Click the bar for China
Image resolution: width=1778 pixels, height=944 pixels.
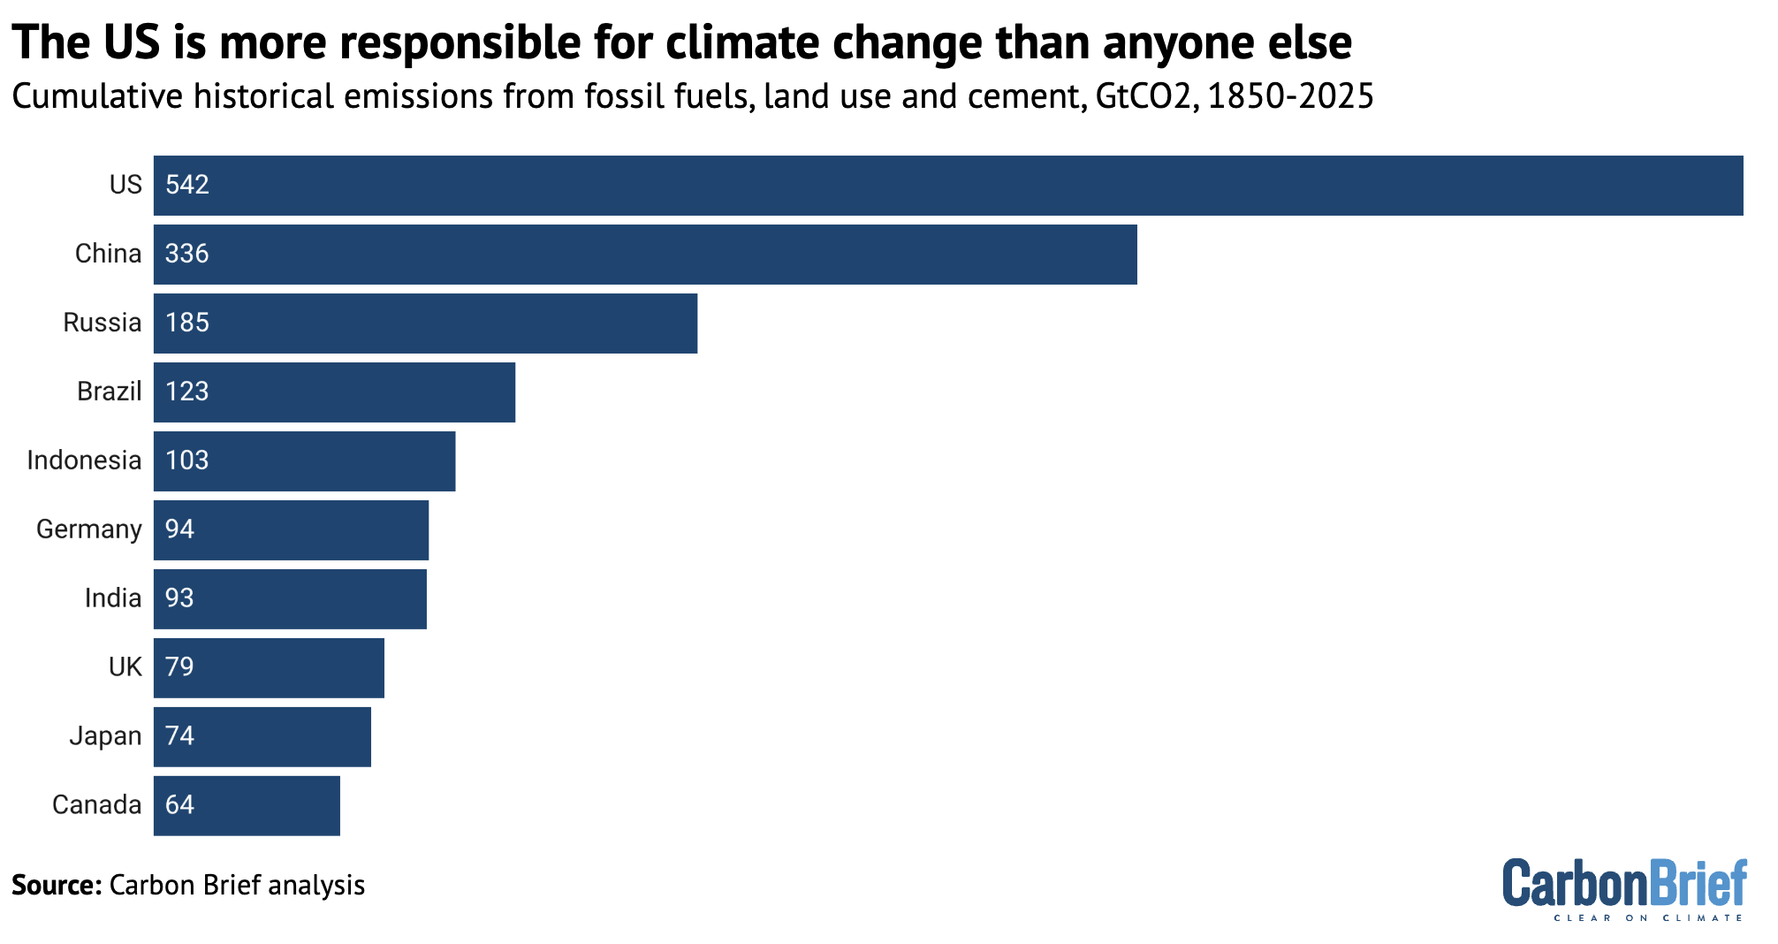[x=645, y=255]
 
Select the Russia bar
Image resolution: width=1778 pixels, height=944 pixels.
[x=425, y=324]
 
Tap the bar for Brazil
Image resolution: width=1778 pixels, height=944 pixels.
[x=334, y=392]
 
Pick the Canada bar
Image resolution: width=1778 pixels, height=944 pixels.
[x=247, y=806]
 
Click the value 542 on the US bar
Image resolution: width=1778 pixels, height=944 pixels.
[x=187, y=185]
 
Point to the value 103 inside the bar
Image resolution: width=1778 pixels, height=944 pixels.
[x=187, y=461]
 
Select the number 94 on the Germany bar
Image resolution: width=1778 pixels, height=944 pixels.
[x=179, y=529]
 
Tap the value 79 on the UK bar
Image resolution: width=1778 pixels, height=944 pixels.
[x=179, y=667]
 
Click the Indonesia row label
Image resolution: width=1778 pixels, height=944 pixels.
[x=84, y=461]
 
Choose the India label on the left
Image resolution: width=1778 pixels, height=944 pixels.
[x=112, y=598]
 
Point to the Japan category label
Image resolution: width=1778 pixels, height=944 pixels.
[x=105, y=736]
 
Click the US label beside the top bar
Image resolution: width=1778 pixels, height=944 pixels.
[x=125, y=185]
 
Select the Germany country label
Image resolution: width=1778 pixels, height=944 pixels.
[x=88, y=529]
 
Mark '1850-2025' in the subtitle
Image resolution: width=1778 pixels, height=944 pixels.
[x=1290, y=96]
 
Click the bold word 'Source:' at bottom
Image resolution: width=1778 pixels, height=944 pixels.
[x=57, y=885]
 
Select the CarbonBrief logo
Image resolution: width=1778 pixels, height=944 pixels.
[x=1624, y=882]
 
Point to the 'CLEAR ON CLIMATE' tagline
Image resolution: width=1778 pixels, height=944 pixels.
[x=1648, y=918]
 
